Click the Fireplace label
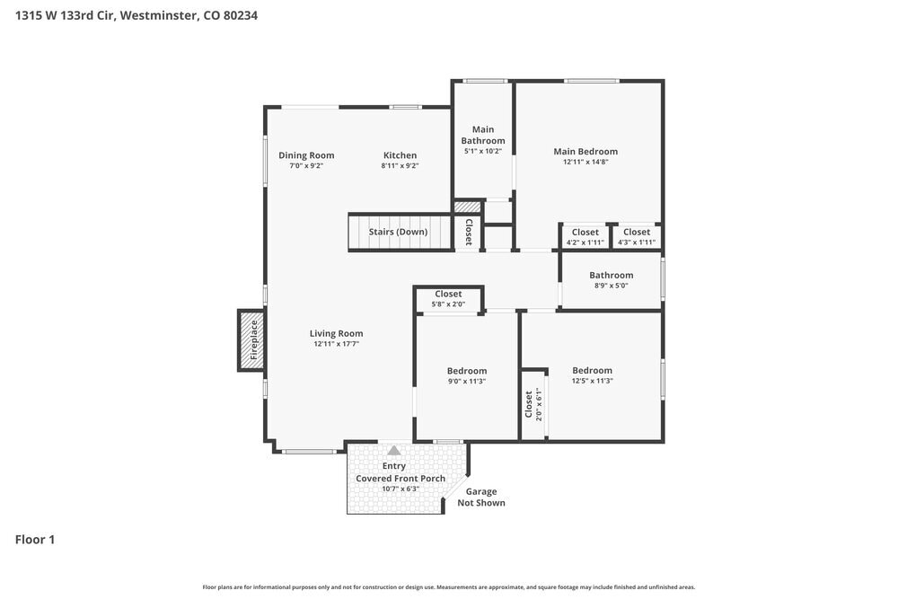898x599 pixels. coord(254,340)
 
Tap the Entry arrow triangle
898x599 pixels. coord(394,450)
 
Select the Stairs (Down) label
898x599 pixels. coord(398,232)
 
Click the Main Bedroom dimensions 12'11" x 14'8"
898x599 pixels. coord(585,162)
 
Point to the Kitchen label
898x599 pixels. coord(400,155)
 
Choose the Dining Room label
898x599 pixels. coord(306,155)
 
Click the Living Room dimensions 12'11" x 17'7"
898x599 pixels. coord(336,344)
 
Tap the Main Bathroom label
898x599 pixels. coord(483,135)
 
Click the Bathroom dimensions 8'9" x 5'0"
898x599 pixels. coord(611,286)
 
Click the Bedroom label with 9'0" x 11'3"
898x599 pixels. coord(467,371)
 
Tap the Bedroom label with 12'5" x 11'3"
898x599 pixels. coord(592,371)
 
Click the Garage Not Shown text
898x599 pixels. coord(481,497)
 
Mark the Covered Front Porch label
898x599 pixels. coord(401,479)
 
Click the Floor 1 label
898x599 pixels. coord(35,540)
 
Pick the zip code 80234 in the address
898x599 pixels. coord(241,15)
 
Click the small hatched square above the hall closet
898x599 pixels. coord(467,207)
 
